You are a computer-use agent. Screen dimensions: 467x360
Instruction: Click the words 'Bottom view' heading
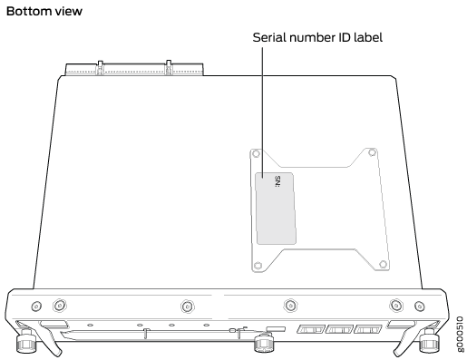click(44, 11)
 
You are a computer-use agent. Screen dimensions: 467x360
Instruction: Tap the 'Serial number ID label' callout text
click(317, 37)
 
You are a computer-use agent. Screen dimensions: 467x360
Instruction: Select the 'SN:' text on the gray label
click(277, 181)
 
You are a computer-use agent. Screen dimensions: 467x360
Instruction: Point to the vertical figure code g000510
click(460, 334)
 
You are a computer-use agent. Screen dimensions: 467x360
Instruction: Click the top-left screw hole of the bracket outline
click(256, 153)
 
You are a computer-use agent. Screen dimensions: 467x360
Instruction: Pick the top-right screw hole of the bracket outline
click(372, 152)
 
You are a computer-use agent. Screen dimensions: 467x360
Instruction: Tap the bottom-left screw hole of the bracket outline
click(258, 266)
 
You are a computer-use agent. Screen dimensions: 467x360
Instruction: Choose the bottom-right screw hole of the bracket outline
click(383, 264)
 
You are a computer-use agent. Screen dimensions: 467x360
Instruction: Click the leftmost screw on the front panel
click(36, 306)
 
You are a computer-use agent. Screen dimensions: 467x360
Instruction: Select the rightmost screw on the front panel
click(419, 306)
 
